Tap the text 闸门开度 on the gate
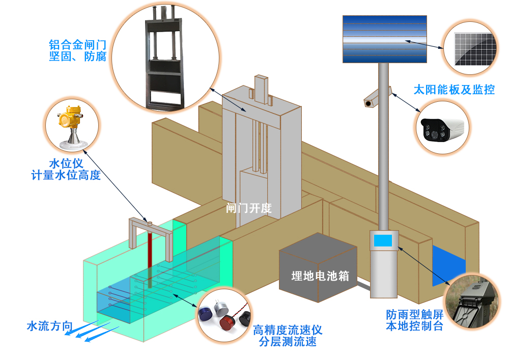coord(249,208)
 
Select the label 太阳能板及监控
coord(454,90)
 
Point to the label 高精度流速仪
coord(288,330)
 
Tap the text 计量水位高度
coord(66,176)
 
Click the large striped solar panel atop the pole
coord(384,39)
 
